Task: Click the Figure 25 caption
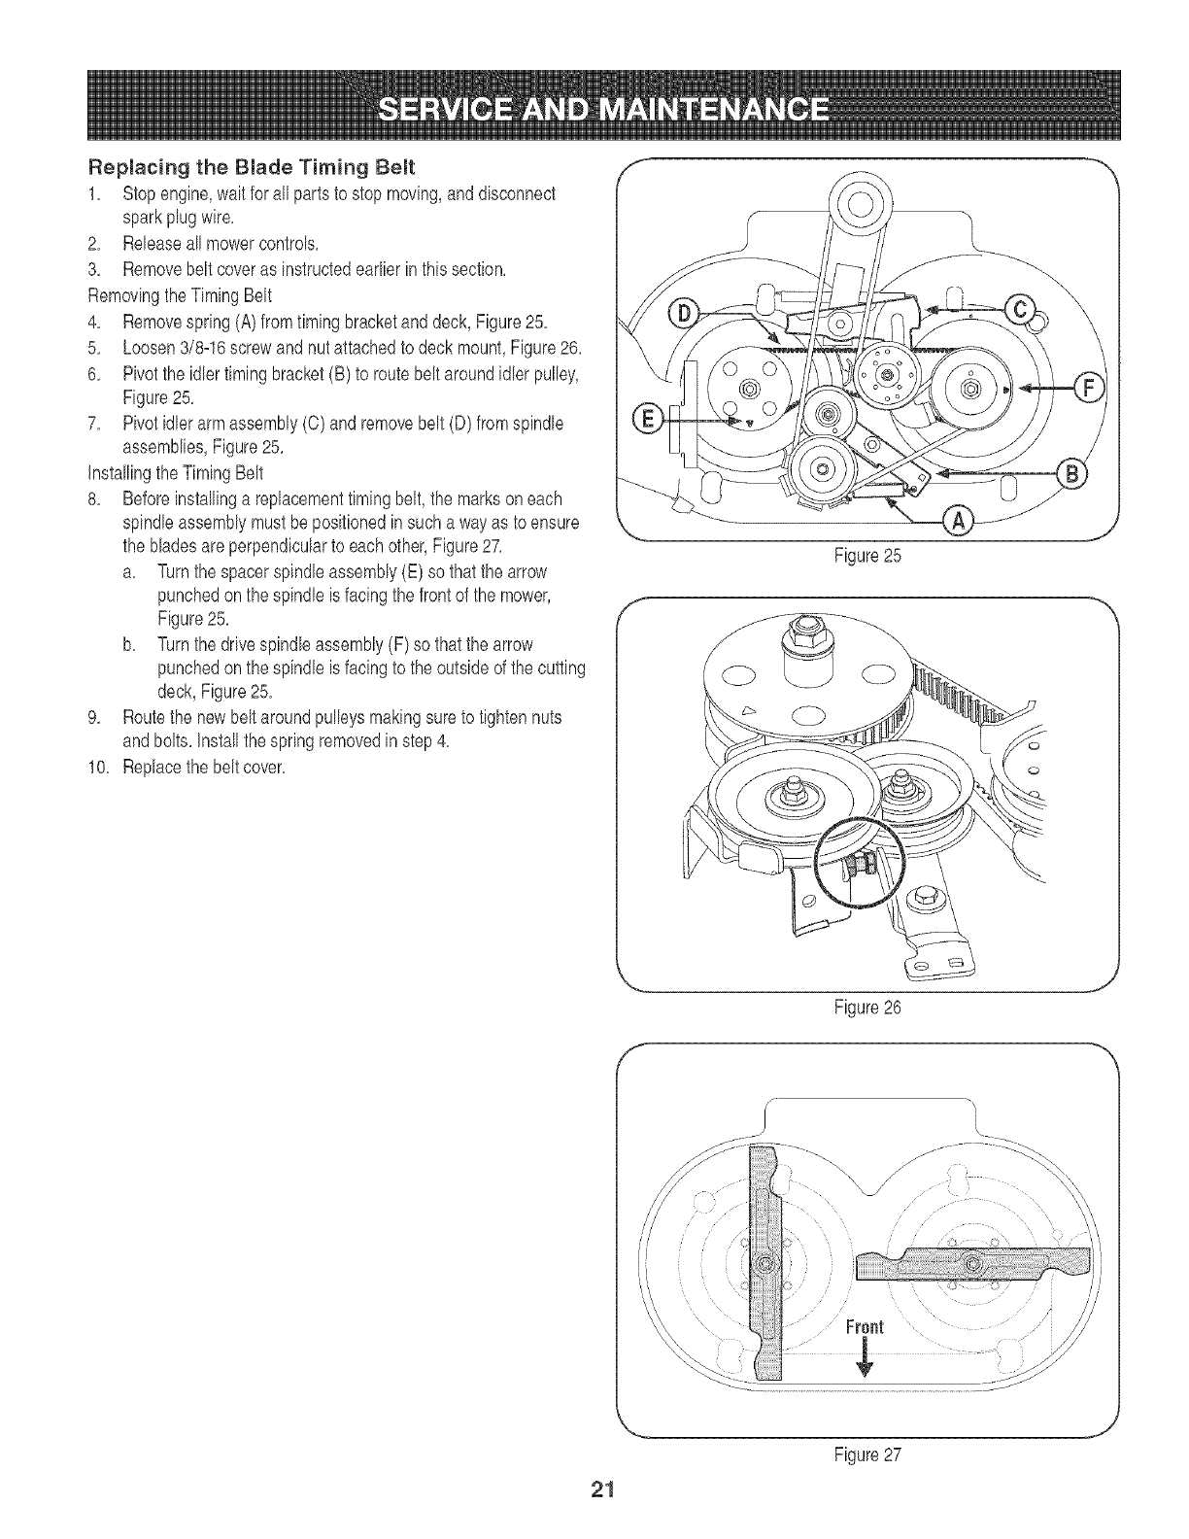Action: (x=868, y=558)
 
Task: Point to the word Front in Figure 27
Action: (x=863, y=1328)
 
